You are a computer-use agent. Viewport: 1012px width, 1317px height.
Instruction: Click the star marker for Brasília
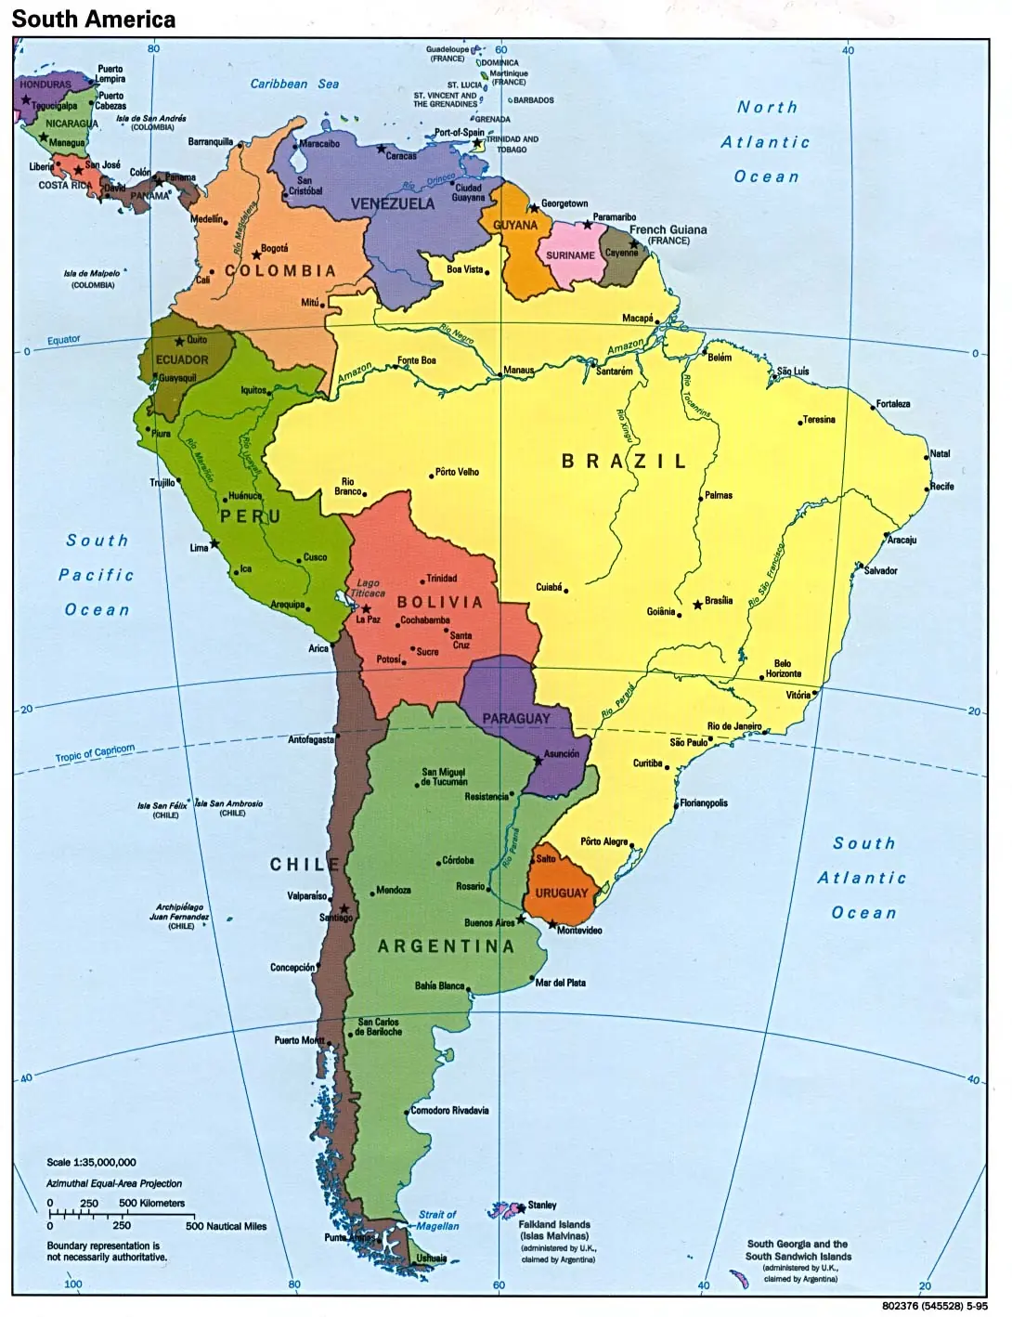pyautogui.click(x=697, y=605)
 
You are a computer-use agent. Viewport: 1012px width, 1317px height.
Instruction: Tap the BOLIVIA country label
pyautogui.click(x=440, y=602)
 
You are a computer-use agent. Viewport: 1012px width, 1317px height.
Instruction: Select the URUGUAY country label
pyautogui.click(x=562, y=893)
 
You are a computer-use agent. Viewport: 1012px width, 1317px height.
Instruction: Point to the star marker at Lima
pyautogui.click(x=214, y=543)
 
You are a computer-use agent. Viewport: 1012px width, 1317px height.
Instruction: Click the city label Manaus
pyautogui.click(x=519, y=371)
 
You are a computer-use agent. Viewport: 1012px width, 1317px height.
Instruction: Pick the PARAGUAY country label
pyautogui.click(x=516, y=719)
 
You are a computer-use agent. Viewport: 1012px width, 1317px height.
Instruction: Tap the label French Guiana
pyautogui.click(x=668, y=229)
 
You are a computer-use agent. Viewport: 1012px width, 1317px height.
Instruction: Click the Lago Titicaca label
pyautogui.click(x=368, y=588)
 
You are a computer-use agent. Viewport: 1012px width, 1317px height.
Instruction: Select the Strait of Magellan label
pyautogui.click(x=437, y=1220)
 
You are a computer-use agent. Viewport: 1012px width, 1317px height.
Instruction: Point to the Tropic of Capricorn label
pyautogui.click(x=95, y=753)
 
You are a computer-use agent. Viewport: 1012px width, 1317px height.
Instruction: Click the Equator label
pyautogui.click(x=64, y=340)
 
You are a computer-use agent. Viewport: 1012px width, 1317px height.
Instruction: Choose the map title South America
pyautogui.click(x=93, y=19)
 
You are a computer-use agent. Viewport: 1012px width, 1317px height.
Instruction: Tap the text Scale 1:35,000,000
pyautogui.click(x=91, y=1162)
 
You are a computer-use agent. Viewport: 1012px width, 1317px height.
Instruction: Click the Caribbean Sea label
pyautogui.click(x=294, y=84)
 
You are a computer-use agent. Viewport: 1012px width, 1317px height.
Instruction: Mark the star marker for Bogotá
pyautogui.click(x=256, y=254)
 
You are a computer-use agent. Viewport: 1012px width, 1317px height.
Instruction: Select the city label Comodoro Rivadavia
pyautogui.click(x=449, y=1111)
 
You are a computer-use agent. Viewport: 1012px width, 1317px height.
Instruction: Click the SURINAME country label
pyautogui.click(x=570, y=255)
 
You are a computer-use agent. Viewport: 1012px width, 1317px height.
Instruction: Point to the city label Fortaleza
pyautogui.click(x=893, y=404)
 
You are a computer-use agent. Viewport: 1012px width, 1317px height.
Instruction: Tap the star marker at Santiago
pyautogui.click(x=344, y=908)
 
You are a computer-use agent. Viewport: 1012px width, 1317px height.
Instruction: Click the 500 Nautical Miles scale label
pyautogui.click(x=226, y=1226)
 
